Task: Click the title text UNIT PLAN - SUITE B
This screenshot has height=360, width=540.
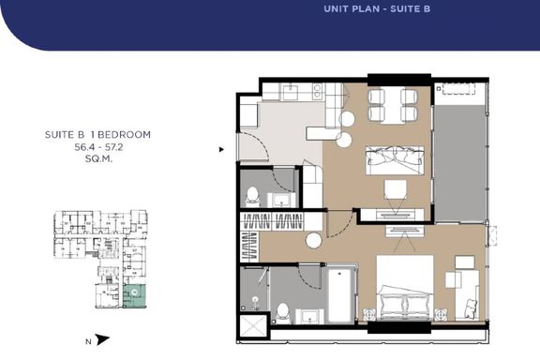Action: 377,9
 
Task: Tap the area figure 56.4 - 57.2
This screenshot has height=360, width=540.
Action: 98,147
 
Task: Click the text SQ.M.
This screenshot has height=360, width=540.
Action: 98,159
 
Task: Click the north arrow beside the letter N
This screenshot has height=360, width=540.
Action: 103,339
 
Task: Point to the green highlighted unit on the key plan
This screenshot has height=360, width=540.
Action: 134,296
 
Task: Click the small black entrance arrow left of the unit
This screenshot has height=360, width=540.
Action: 221,149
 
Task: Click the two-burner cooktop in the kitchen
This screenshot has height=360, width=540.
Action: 317,91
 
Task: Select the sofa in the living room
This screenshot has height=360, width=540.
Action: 395,160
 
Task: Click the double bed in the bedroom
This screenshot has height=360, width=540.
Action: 405,288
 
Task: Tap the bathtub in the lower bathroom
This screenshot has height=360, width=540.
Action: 339,295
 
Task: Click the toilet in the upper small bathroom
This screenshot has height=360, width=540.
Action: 252,197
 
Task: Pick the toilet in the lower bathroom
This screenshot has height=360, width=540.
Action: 283,313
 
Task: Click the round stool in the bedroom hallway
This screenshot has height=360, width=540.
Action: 314,240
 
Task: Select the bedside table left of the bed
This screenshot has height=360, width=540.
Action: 368,314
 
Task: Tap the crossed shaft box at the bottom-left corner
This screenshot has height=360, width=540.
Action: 253,325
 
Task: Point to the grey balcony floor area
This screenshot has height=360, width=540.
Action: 459,163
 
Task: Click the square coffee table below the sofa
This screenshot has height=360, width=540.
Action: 396,189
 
